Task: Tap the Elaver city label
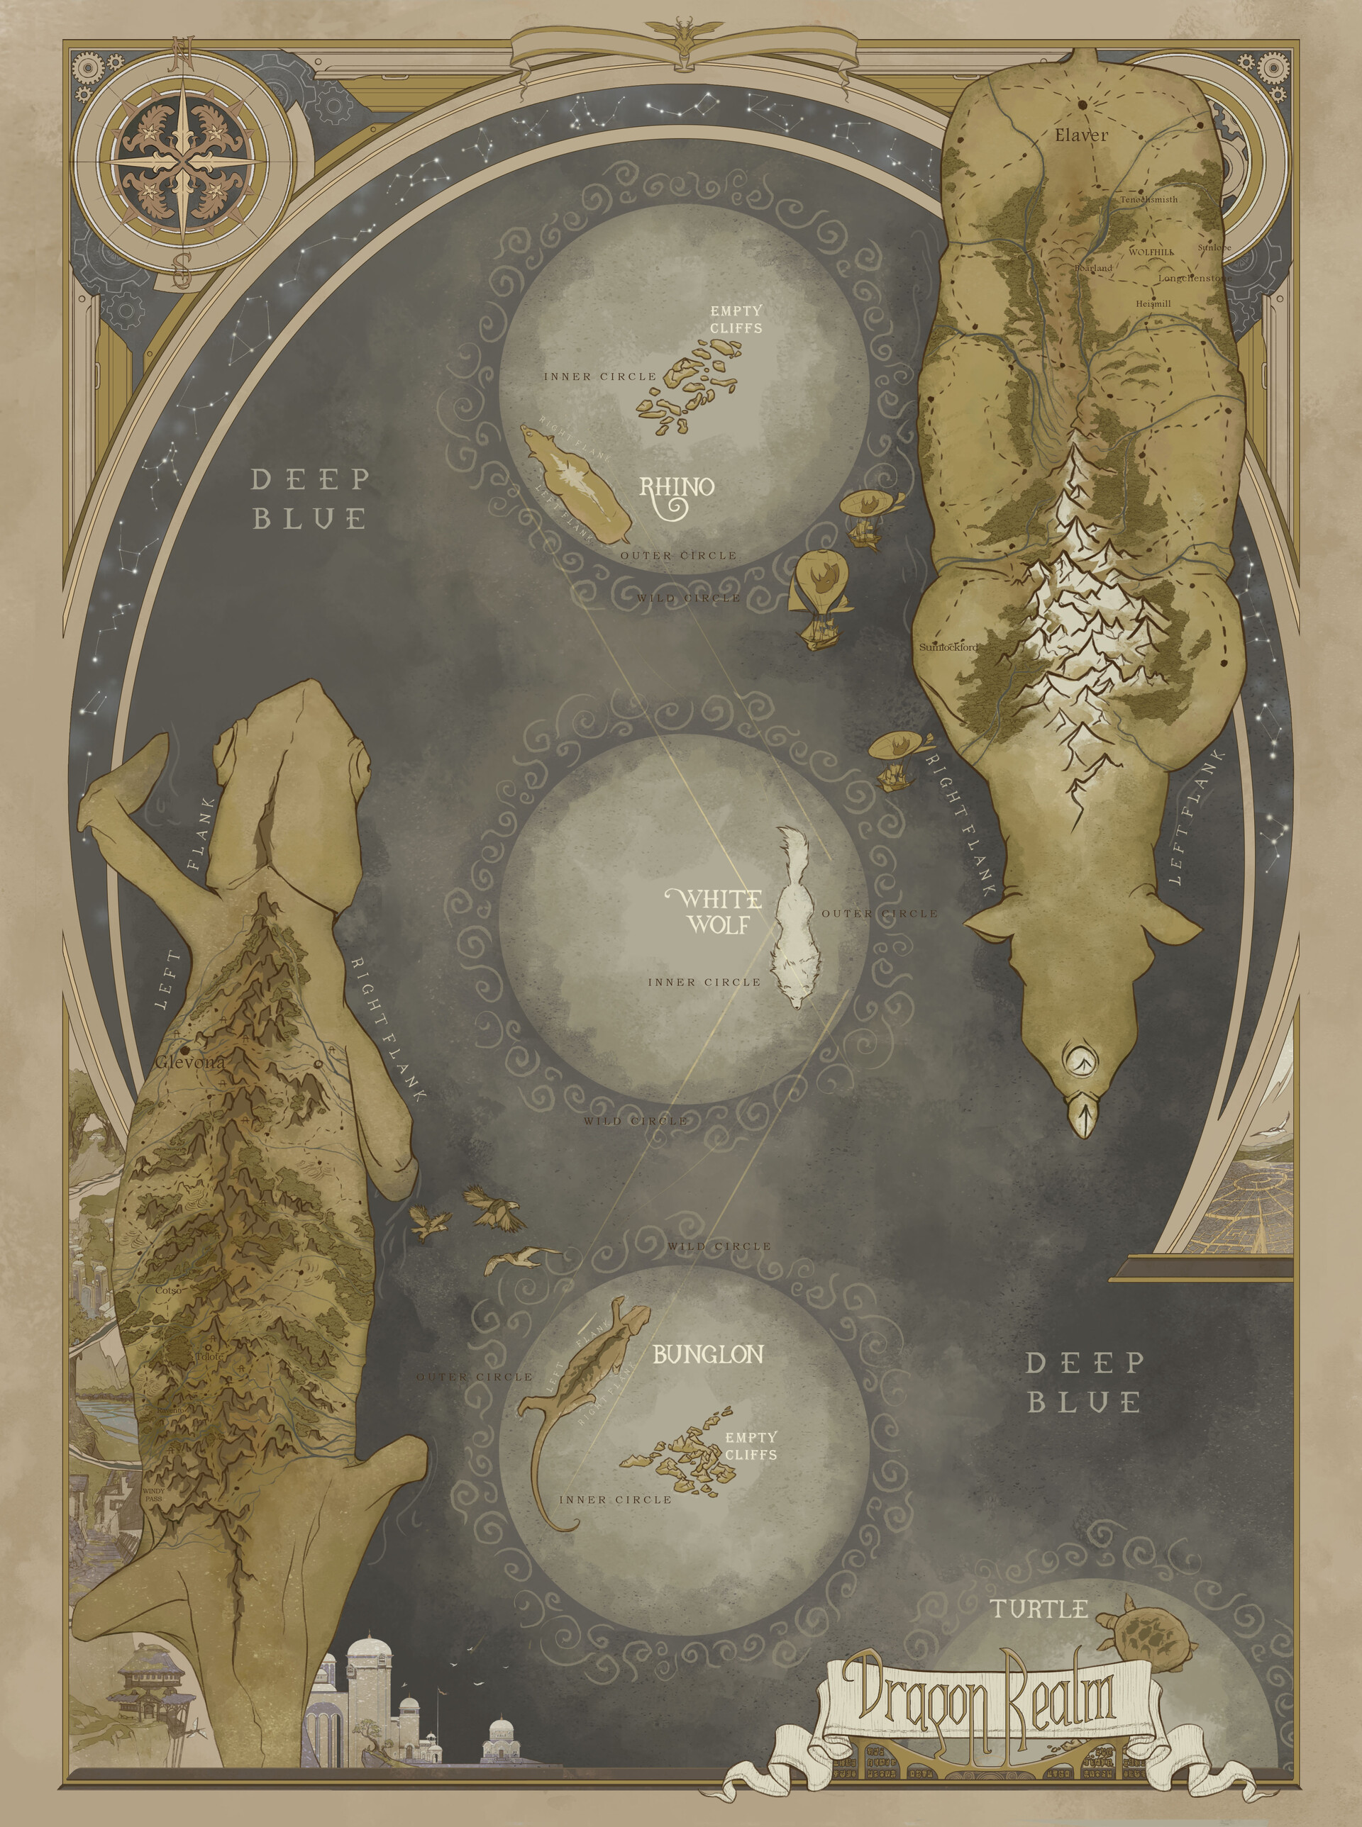click(x=1081, y=135)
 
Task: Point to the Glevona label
click(x=189, y=1062)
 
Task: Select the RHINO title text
click(x=677, y=488)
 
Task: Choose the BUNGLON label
click(x=708, y=1354)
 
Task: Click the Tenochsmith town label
click(x=1148, y=199)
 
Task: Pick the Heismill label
click(x=1153, y=304)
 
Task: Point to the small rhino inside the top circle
click(x=576, y=483)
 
